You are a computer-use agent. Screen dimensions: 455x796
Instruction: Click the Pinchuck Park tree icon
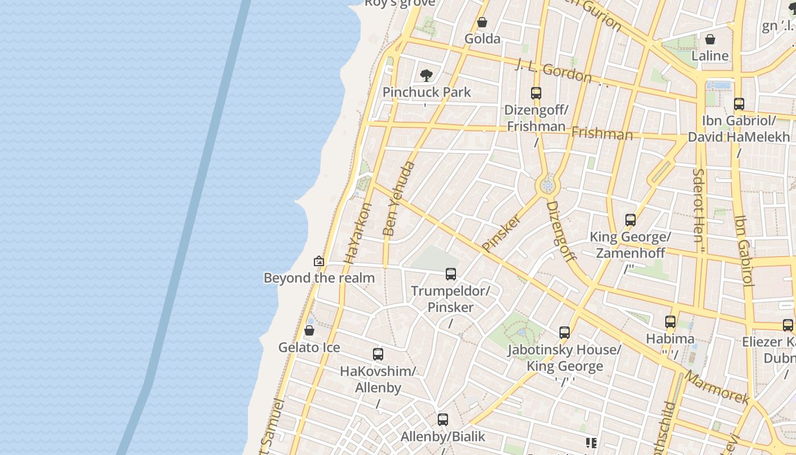point(426,76)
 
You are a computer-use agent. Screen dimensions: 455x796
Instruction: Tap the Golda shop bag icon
point(482,22)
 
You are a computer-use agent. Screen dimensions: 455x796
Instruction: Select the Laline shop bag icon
point(710,39)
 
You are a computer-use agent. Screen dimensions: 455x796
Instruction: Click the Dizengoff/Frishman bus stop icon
point(536,93)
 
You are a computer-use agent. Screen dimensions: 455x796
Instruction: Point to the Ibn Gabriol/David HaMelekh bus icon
point(739,104)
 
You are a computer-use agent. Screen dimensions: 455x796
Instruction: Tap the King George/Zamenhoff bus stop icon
point(630,220)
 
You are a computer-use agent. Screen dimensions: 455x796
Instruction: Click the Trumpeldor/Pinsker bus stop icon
point(450,274)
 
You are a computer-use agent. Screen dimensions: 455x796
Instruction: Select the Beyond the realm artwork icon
point(319,261)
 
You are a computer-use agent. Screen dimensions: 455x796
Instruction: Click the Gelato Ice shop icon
point(309,330)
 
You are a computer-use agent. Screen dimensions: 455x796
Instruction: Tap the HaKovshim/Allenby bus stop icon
point(378,354)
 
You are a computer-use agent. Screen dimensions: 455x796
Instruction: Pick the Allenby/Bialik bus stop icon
point(443,420)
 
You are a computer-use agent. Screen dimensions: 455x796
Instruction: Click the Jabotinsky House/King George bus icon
point(564,333)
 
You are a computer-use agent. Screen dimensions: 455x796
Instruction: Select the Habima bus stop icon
point(670,322)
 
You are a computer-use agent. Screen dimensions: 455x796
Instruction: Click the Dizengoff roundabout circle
point(548,185)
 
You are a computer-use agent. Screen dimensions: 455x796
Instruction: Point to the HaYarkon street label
point(358,234)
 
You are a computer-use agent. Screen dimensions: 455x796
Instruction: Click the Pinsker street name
point(501,233)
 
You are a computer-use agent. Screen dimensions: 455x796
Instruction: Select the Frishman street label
point(602,134)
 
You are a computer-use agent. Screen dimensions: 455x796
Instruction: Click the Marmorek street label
point(716,387)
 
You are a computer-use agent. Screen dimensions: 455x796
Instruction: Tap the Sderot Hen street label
point(699,205)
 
